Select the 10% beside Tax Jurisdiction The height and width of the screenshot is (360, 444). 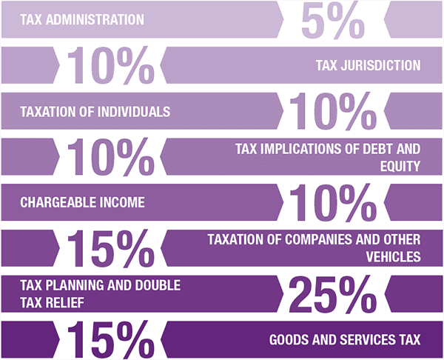click(x=111, y=67)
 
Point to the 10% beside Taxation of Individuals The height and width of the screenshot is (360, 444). click(x=332, y=112)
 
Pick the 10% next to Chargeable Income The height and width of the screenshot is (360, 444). click(x=332, y=203)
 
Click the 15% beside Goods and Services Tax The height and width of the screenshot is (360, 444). click(x=111, y=340)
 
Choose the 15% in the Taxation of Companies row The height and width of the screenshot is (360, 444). click(x=111, y=249)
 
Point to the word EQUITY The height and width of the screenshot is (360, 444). click(x=403, y=166)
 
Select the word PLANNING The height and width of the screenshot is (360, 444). click(x=69, y=286)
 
